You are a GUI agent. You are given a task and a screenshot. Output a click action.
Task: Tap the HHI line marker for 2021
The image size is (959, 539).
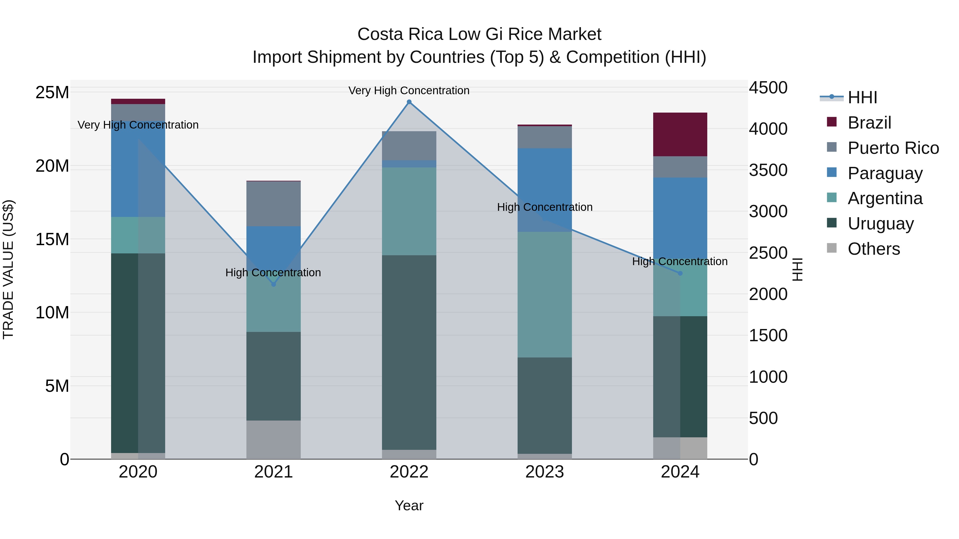tap(273, 284)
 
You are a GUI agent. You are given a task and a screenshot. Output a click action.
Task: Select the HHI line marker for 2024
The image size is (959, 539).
tap(680, 273)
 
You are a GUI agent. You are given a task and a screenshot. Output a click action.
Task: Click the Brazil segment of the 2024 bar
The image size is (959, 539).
tap(680, 134)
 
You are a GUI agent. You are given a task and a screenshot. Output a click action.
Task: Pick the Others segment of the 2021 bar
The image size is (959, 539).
tap(273, 440)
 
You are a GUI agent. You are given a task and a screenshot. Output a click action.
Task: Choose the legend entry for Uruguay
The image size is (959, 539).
tap(880, 224)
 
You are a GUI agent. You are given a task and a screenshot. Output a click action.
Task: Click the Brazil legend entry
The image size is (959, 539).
tap(869, 123)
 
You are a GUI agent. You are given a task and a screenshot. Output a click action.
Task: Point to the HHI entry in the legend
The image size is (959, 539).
tap(862, 97)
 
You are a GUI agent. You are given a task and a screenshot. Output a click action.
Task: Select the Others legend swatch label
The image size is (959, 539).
tap(873, 249)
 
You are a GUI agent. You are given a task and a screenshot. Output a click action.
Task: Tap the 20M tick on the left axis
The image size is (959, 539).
tap(52, 166)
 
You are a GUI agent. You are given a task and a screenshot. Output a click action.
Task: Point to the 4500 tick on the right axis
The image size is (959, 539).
tap(768, 88)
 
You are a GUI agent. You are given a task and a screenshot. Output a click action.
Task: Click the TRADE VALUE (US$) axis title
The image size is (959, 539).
tap(8, 269)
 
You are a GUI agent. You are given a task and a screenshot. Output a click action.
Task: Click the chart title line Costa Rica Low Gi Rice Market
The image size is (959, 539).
tap(479, 34)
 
